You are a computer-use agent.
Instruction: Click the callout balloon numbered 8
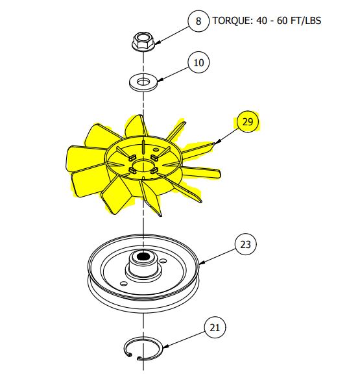198,21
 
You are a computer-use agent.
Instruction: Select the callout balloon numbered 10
198,62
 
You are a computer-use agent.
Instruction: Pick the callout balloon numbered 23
245,245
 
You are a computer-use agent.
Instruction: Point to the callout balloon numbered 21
215,329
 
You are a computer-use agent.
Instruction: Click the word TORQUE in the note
232,21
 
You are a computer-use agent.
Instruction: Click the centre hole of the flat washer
143,82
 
